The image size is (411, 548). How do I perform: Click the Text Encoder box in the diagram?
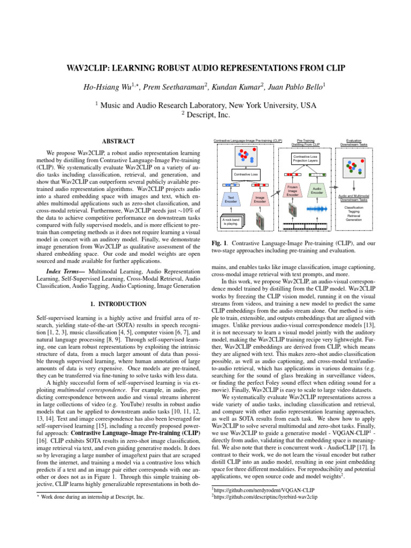tap(231, 199)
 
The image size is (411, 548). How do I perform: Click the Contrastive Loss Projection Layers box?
tap(306, 158)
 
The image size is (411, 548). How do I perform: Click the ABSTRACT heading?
tap(119, 141)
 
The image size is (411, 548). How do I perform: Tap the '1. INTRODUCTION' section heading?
tap(119, 304)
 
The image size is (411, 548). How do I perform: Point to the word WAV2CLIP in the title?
tap(92, 68)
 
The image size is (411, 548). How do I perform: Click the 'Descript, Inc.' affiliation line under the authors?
tap(205, 115)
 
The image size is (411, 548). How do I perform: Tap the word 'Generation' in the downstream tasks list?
tap(353, 220)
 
